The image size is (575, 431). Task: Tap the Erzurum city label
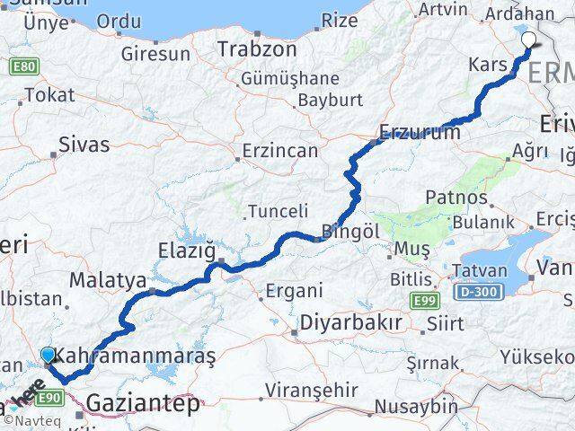[420, 132]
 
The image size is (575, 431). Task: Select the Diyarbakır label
[351, 321]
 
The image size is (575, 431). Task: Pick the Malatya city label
[107, 281]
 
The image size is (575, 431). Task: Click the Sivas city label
[83, 144]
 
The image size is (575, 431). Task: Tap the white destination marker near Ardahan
[529, 40]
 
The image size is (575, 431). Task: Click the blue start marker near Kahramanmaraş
[49, 356]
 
